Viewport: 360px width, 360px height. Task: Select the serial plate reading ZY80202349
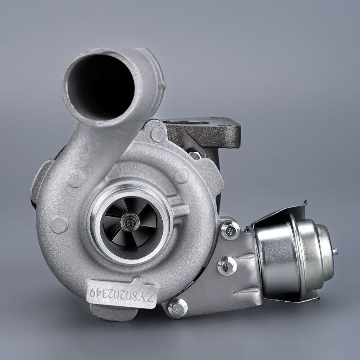tap(122, 292)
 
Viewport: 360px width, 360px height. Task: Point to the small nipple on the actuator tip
tap(336, 251)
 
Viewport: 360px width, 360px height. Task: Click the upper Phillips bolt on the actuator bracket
tap(230, 230)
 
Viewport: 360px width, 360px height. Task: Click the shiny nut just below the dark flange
tap(195, 155)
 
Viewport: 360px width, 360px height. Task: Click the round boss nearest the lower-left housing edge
tap(59, 225)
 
